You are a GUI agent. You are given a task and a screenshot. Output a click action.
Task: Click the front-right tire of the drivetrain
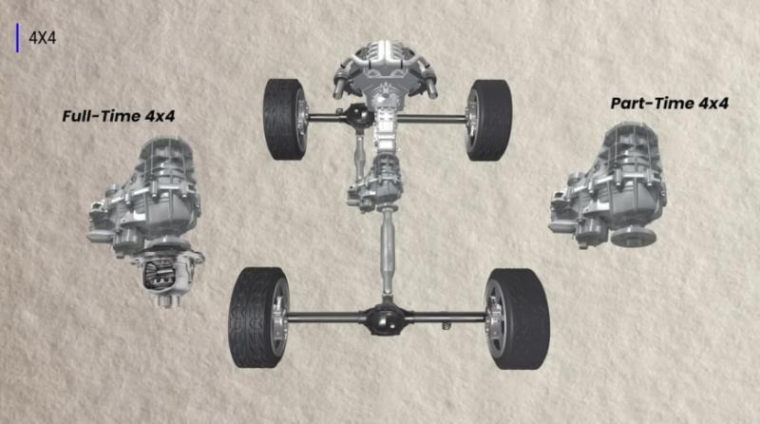(489, 121)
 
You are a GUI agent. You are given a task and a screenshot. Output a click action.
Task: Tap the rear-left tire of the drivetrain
(257, 318)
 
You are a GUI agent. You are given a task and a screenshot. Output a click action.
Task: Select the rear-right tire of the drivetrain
(518, 318)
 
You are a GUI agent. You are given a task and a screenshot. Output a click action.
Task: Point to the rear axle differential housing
(387, 318)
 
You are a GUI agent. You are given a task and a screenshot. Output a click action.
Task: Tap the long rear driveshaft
(388, 253)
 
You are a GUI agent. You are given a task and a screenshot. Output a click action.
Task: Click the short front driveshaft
(360, 158)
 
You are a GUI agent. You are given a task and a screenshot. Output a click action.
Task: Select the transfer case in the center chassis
(376, 184)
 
